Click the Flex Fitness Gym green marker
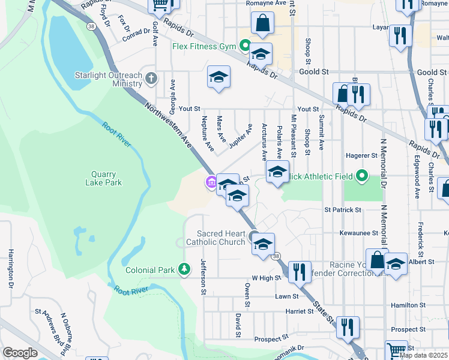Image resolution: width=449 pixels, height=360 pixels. [245, 46]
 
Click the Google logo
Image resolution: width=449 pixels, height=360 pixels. [19, 353]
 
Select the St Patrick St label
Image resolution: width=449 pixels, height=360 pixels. [343, 210]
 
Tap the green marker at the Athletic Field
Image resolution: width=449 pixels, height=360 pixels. [361, 176]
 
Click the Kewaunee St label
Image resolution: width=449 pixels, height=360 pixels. [358, 232]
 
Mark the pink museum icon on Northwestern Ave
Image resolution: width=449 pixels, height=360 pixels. [211, 182]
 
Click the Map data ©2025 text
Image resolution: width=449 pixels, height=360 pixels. [423, 355]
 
